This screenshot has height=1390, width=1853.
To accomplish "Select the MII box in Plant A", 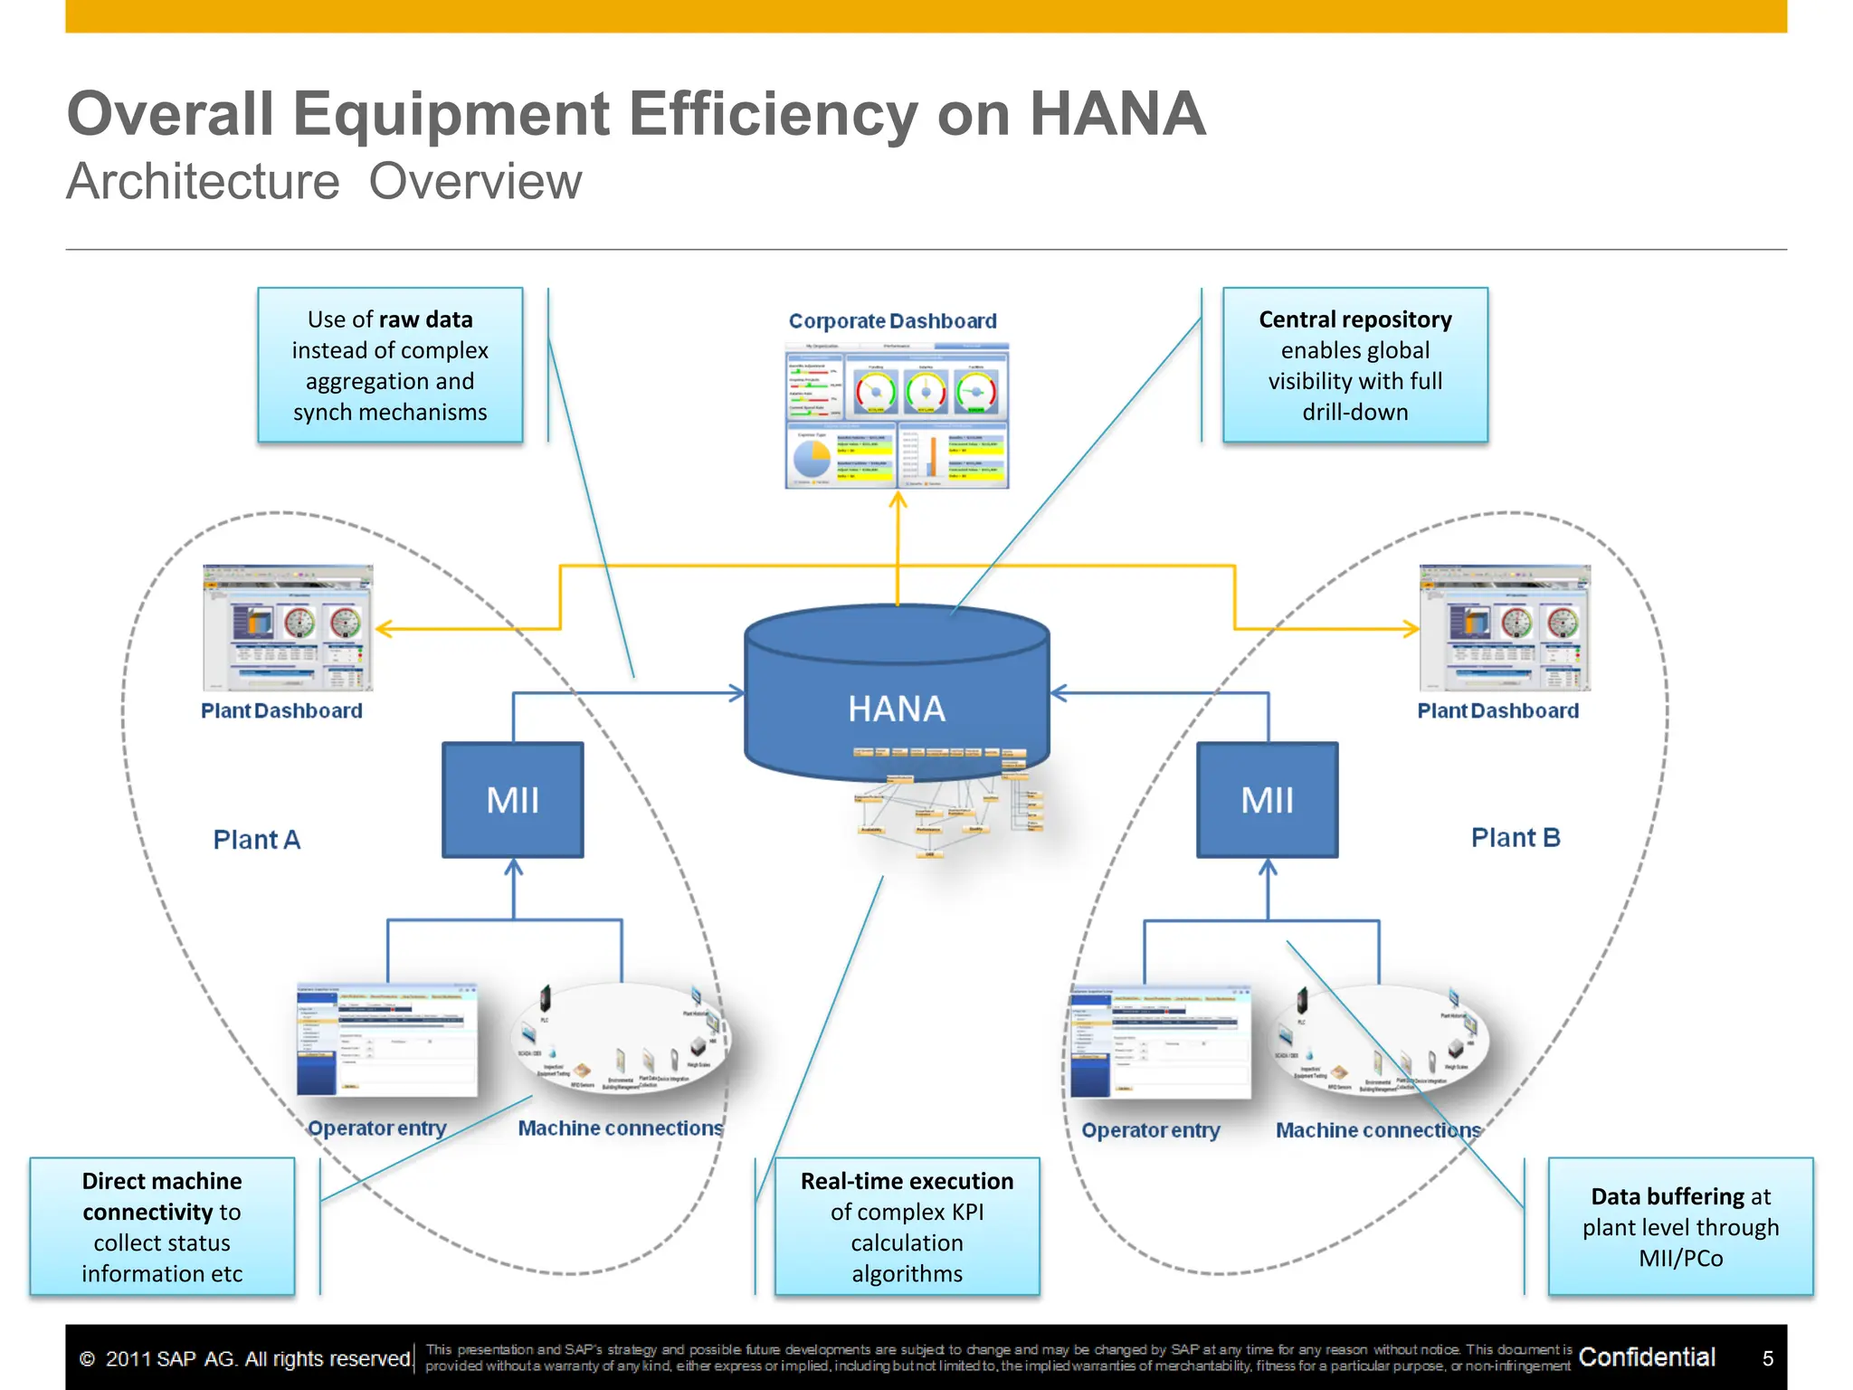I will click(512, 800).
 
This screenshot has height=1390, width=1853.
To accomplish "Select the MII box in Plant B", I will click(1267, 800).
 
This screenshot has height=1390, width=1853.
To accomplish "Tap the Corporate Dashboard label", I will click(892, 321).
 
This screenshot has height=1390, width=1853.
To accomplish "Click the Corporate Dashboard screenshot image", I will click(896, 416).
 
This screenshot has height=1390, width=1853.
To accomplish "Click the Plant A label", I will click(256, 840).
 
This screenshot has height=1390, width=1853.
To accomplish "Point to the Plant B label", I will click(1516, 838).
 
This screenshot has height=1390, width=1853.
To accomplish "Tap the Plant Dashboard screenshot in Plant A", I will click(288, 628).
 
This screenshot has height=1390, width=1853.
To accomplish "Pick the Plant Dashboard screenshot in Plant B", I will click(1505, 628).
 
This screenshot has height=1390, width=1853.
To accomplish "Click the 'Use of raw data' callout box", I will click(390, 365).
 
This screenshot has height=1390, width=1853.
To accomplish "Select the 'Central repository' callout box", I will click(1354, 365).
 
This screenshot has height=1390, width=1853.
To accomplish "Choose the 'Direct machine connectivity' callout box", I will click(162, 1226).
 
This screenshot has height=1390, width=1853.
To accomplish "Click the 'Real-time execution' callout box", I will click(907, 1226).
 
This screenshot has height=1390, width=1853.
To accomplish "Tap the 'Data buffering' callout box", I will click(1680, 1226).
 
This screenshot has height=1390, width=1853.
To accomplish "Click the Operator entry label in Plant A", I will click(376, 1128).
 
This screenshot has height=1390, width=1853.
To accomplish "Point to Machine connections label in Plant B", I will click(1378, 1130).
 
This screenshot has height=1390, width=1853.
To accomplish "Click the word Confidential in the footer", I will click(1647, 1357).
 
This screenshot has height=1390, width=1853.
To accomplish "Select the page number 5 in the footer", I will click(1767, 1358).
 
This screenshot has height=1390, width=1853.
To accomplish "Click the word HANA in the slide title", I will click(1117, 114).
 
